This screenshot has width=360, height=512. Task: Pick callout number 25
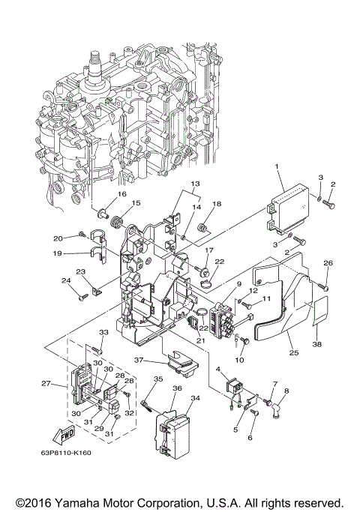291,352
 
